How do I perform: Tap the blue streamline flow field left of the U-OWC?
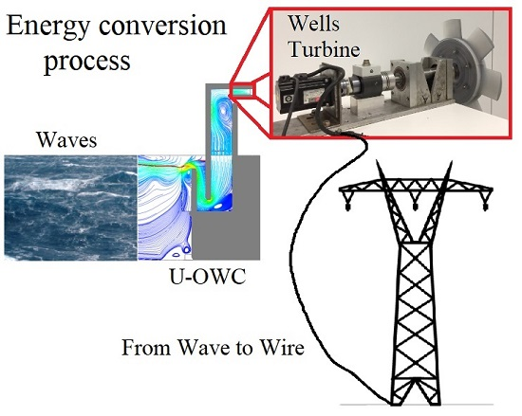tap(165, 208)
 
